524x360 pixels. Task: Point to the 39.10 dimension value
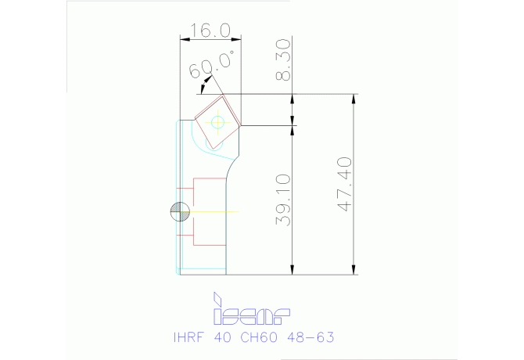click(x=285, y=200)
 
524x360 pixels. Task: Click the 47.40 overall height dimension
click(x=346, y=185)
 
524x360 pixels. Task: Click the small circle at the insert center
click(x=217, y=121)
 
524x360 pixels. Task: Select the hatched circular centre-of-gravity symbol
click(x=178, y=211)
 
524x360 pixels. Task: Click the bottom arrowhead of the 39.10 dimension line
click(x=293, y=271)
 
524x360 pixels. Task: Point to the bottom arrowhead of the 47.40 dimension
click(x=355, y=270)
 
